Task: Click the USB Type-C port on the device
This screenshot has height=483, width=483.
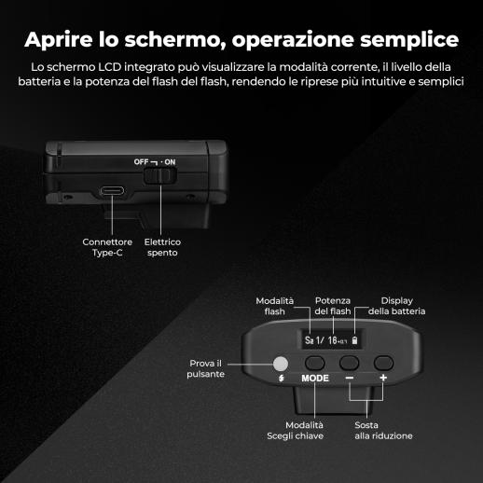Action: tap(112, 190)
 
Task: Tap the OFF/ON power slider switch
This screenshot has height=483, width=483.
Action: tap(160, 175)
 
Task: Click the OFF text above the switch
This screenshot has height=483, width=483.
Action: tap(141, 162)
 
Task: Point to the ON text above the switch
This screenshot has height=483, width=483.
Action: tap(170, 162)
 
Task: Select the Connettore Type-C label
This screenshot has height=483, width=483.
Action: tap(107, 247)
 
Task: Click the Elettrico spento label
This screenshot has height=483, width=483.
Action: tap(162, 247)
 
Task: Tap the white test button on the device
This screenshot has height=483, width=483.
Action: tap(281, 364)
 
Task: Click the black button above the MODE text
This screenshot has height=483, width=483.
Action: tap(314, 363)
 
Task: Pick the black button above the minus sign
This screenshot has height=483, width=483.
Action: tap(349, 363)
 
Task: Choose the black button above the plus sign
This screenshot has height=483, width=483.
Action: tap(383, 363)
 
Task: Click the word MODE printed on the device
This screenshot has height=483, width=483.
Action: tap(315, 379)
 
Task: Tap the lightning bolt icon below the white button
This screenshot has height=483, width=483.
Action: tap(281, 379)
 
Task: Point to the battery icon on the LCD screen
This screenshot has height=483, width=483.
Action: tap(354, 340)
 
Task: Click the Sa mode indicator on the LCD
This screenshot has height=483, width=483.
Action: tap(309, 340)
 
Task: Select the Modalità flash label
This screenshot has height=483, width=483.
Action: tap(274, 306)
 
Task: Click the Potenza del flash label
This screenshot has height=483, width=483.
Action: tap(333, 306)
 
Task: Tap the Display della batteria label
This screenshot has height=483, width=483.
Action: tap(396, 306)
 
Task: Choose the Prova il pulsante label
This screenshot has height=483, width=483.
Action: tap(205, 368)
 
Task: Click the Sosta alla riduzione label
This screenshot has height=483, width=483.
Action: tap(383, 431)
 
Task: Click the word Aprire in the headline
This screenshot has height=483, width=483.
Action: tap(59, 40)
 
